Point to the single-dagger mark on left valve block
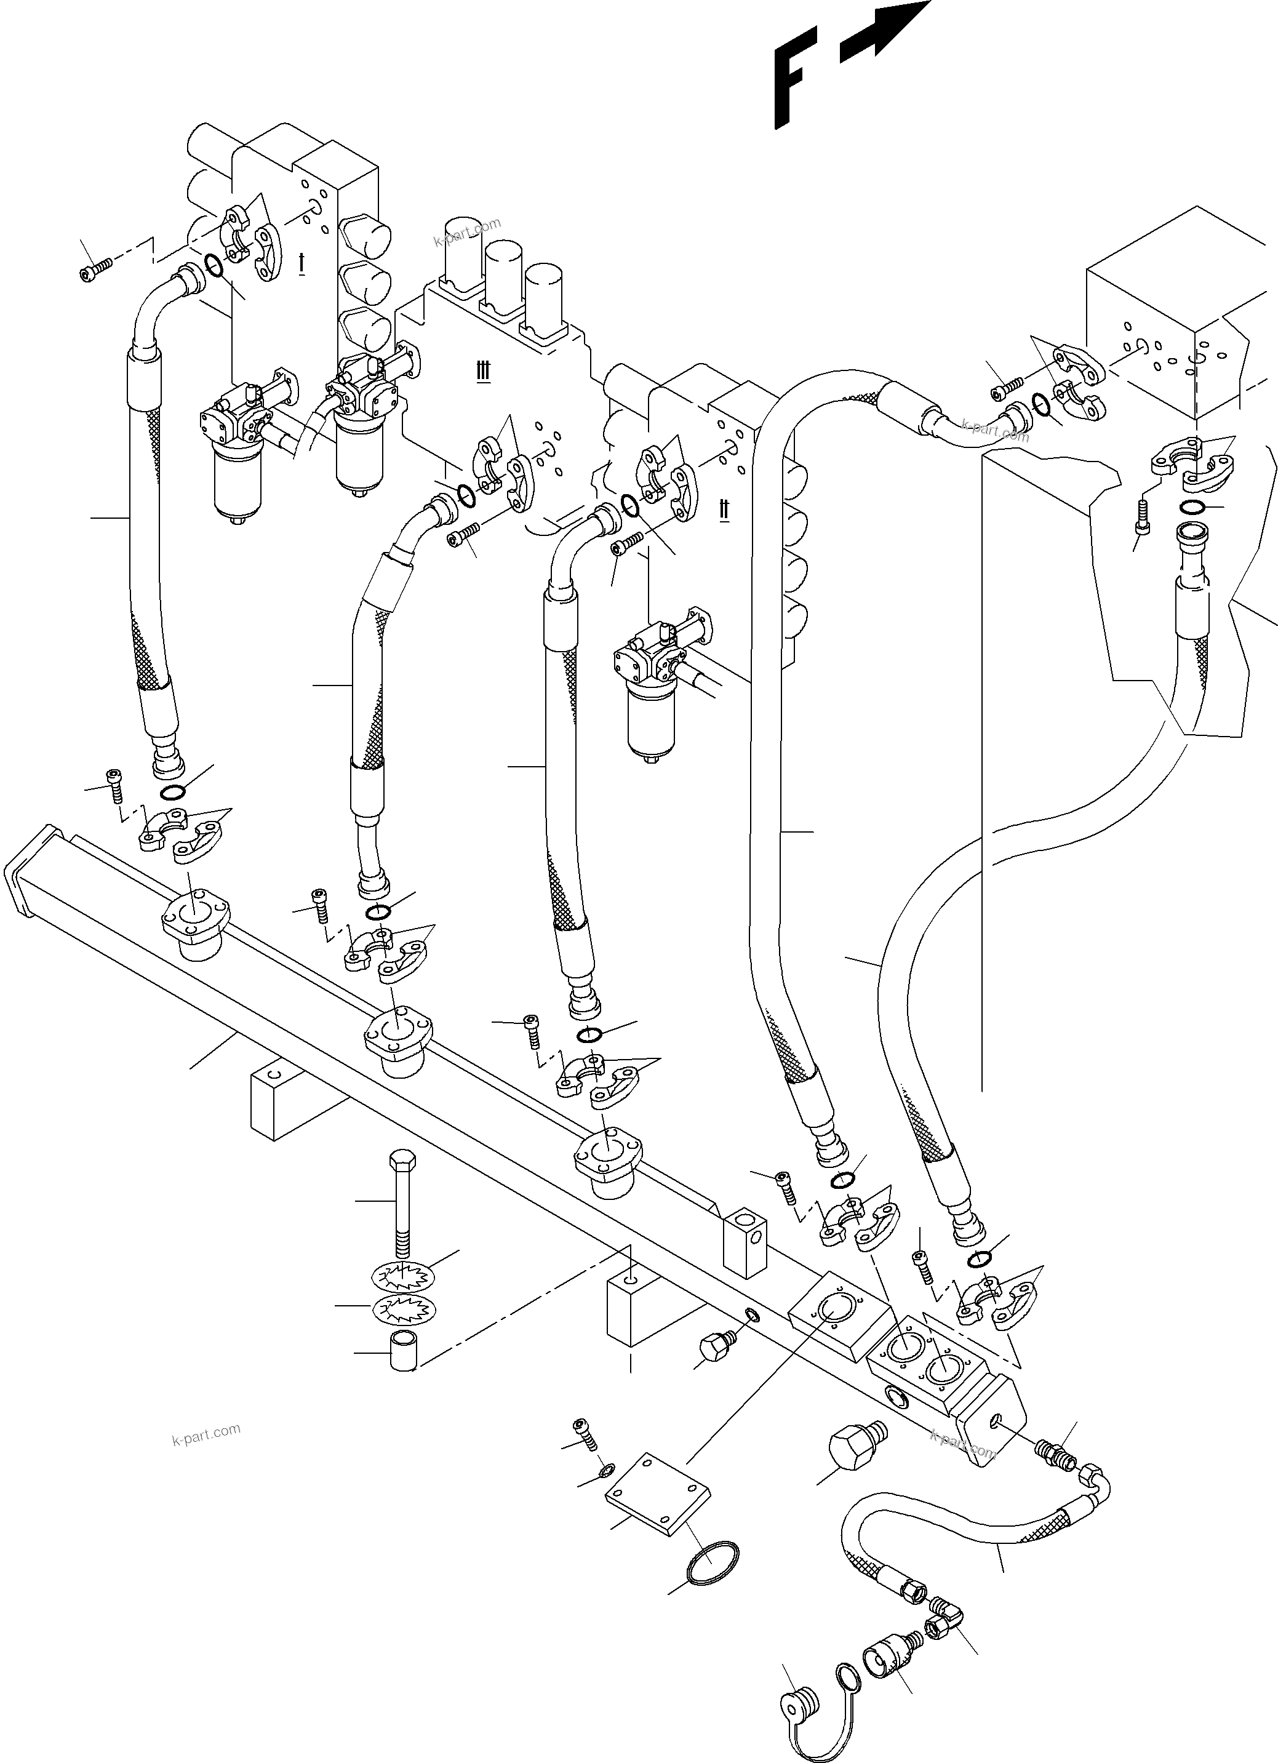tap(302, 263)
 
